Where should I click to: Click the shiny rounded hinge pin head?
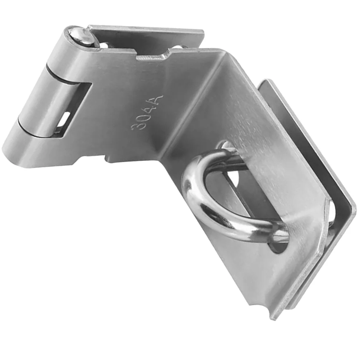click(x=81, y=36)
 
